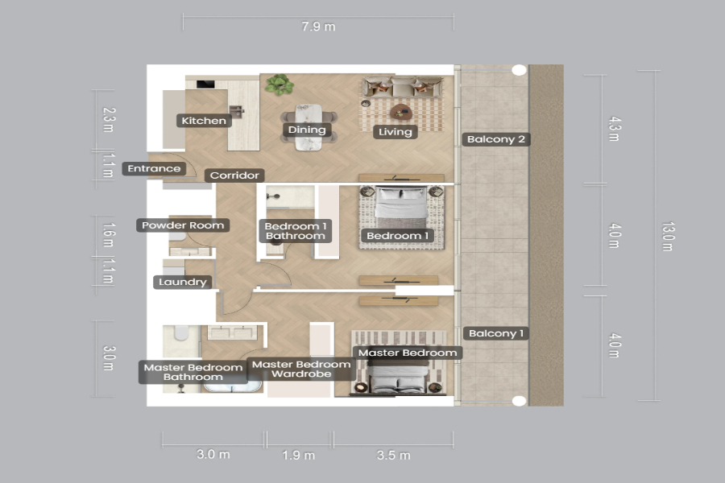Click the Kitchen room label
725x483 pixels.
[204, 121]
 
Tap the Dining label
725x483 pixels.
[307, 130]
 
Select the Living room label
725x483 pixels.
[396, 132]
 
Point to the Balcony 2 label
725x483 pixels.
[495, 139]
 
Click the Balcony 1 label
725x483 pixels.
[495, 333]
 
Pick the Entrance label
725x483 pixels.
[154, 169]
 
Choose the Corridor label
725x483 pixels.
[234, 175]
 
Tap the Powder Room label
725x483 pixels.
[183, 225]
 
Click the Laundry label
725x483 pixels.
[182, 282]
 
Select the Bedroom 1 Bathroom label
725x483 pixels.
[296, 231]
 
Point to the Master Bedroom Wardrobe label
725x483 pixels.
[301, 369]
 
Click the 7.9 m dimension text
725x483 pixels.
[318, 27]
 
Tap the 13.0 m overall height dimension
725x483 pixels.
[668, 236]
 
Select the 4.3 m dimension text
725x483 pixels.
[614, 129]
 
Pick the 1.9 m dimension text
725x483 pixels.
[299, 456]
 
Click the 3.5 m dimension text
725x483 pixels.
[393, 456]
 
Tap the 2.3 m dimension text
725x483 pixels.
[108, 120]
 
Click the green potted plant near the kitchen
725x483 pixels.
[280, 85]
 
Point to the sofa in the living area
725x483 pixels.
[402, 87]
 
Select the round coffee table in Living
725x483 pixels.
[401, 112]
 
